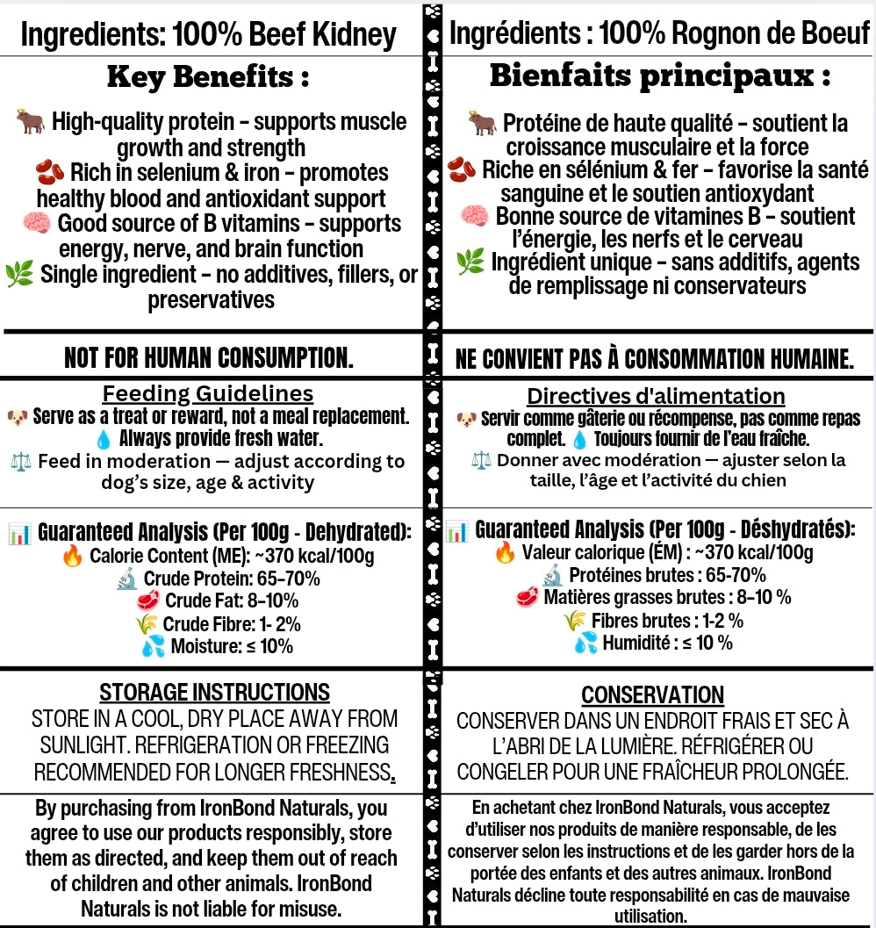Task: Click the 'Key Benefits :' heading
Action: coord(208,77)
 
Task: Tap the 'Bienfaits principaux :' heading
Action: coord(659,76)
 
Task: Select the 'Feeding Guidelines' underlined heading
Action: coord(208,393)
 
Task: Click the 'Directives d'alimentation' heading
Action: coord(656,396)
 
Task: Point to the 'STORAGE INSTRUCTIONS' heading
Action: coord(214,692)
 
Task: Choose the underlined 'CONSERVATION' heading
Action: coord(652,695)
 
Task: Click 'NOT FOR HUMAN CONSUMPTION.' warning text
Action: coord(208,357)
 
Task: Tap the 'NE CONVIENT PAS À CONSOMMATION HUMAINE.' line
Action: coord(655,358)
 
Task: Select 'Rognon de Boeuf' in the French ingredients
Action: coord(769,34)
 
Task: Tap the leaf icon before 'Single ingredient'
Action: coord(19,276)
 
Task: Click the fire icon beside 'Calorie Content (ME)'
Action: coord(72,556)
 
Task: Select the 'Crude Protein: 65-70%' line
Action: coord(231,579)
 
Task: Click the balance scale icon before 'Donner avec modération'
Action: coord(481,461)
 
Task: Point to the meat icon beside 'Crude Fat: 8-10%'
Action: coord(149,601)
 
